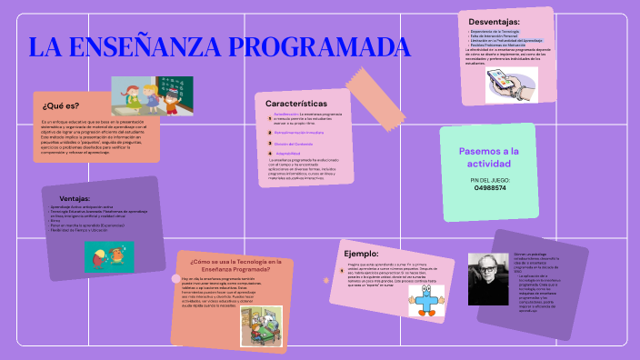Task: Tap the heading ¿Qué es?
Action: pyautogui.click(x=61, y=106)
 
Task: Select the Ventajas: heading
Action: pyautogui.click(x=75, y=198)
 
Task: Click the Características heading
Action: pyautogui.click(x=296, y=104)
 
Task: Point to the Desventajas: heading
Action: pyautogui.click(x=494, y=21)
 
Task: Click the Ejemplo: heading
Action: pyautogui.click(x=361, y=253)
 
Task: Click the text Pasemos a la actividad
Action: pyautogui.click(x=489, y=157)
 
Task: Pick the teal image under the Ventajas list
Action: pyautogui.click(x=108, y=255)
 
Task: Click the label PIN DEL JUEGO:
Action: pyautogui.click(x=490, y=180)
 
